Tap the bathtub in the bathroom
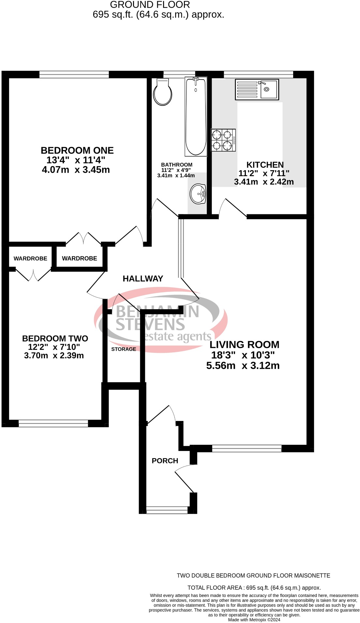click(x=196, y=116)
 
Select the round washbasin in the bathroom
click(x=198, y=194)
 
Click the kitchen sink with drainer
click(x=257, y=90)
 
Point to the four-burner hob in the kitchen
click(x=223, y=140)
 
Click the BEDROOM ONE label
click(x=77, y=151)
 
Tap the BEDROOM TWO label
click(x=55, y=339)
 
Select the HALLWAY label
click(x=143, y=279)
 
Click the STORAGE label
click(x=124, y=349)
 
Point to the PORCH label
click(x=165, y=461)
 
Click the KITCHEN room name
click(x=265, y=165)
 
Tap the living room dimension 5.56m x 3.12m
click(x=243, y=366)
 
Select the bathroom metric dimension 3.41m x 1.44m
click(x=176, y=176)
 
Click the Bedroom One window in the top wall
click(x=74, y=75)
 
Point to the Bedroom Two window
click(x=53, y=423)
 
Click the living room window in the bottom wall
click(x=247, y=448)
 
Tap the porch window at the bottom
click(x=167, y=510)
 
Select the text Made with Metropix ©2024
click(x=254, y=620)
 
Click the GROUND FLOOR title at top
click(x=150, y=5)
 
